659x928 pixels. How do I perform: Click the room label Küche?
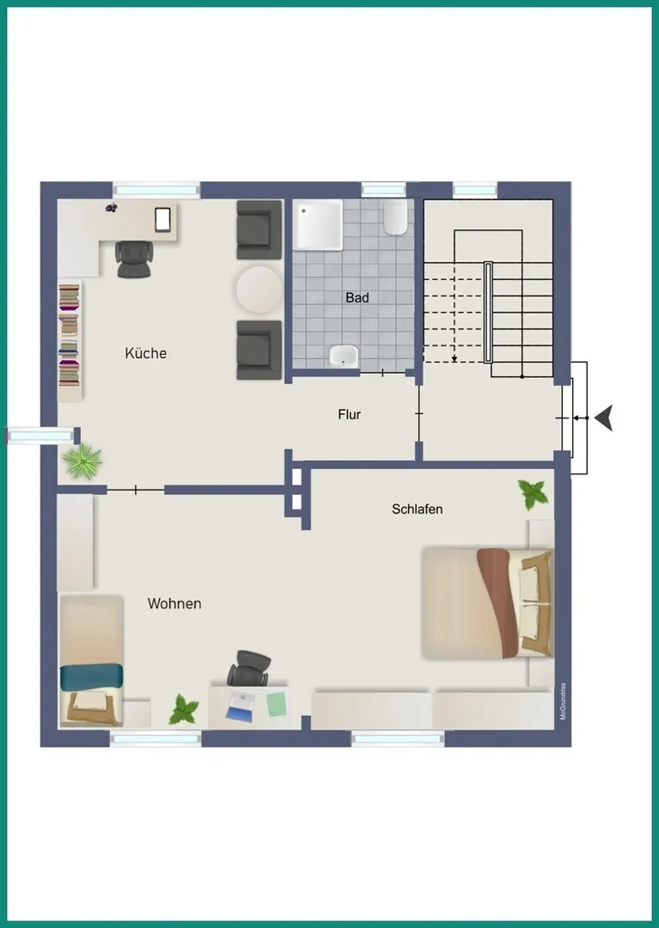(x=145, y=353)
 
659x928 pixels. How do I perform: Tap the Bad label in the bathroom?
(x=357, y=297)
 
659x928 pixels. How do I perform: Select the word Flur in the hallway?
(x=349, y=414)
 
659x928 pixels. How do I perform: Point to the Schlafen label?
(x=417, y=509)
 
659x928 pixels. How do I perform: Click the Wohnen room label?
(x=174, y=604)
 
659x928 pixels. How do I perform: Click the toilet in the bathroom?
(x=395, y=217)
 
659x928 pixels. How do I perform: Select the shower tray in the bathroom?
(x=319, y=225)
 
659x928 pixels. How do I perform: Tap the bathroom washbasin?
(x=344, y=357)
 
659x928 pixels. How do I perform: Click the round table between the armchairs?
(x=259, y=290)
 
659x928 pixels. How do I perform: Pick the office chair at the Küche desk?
(x=134, y=259)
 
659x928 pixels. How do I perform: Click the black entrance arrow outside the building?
(x=603, y=418)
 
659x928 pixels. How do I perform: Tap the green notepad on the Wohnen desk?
(x=277, y=704)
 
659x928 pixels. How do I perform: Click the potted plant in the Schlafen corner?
(x=533, y=494)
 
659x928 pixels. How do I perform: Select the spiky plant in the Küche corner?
(x=82, y=461)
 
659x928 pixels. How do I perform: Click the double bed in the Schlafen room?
(x=488, y=604)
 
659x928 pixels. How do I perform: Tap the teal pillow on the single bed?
(x=92, y=676)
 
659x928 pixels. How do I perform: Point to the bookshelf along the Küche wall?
(x=70, y=341)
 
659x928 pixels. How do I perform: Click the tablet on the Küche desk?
(x=162, y=220)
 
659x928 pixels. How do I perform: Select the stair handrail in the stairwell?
(x=488, y=312)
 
